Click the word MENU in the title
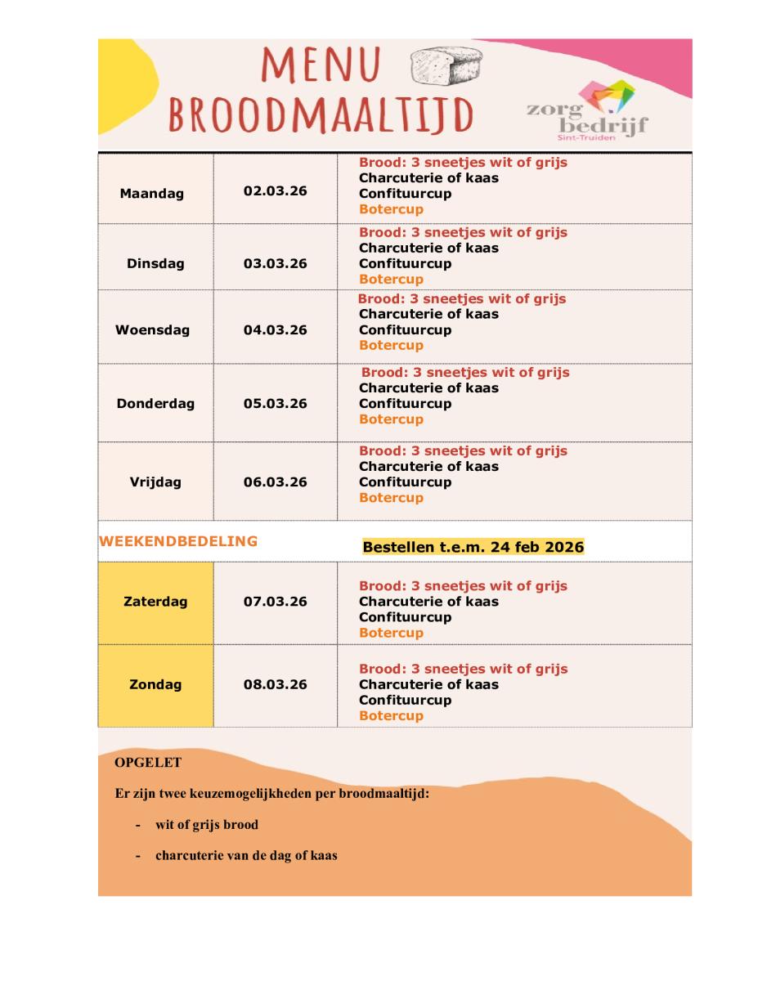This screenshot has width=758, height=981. pyautogui.click(x=321, y=65)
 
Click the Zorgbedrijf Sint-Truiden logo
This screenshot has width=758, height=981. pyautogui.click(x=598, y=110)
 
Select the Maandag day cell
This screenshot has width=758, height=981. pyautogui.click(x=152, y=194)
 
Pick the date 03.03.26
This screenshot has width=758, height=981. pyautogui.click(x=276, y=263)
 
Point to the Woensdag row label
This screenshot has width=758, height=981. pyautogui.click(x=152, y=330)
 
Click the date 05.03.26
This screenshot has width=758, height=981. pyautogui.click(x=276, y=403)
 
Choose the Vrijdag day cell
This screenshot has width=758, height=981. pyautogui.click(x=155, y=482)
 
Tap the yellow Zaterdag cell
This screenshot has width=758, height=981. pyautogui.click(x=155, y=602)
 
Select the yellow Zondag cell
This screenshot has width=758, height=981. pyautogui.click(x=155, y=684)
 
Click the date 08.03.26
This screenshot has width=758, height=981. pyautogui.click(x=276, y=684)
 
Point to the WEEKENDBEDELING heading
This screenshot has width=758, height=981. pyautogui.click(x=178, y=541)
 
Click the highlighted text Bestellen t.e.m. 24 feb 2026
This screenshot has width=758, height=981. pyautogui.click(x=473, y=547)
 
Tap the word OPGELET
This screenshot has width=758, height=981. pyautogui.click(x=148, y=763)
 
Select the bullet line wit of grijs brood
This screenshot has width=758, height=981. pyautogui.click(x=207, y=825)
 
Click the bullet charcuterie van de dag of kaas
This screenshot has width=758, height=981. pyautogui.click(x=246, y=856)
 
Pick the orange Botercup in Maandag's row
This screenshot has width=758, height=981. pyautogui.click(x=391, y=209)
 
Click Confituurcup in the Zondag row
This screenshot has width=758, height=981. pyautogui.click(x=405, y=700)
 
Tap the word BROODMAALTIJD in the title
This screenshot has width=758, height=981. pyautogui.click(x=321, y=116)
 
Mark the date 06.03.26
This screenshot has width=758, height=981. pyautogui.click(x=276, y=482)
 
